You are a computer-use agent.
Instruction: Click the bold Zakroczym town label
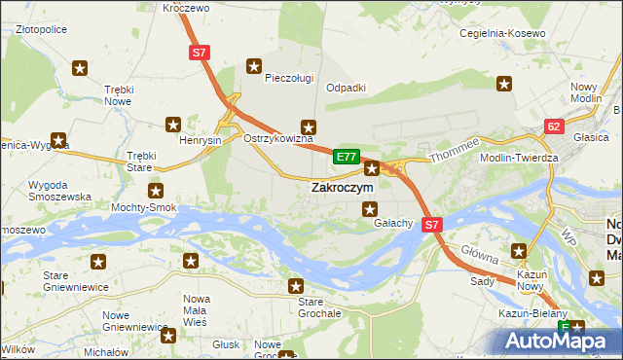click(341, 188)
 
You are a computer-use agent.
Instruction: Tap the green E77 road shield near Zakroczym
click(347, 156)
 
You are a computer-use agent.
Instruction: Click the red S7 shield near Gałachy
click(433, 224)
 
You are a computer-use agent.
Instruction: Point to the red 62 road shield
click(554, 126)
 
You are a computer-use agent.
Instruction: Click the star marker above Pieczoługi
click(254, 67)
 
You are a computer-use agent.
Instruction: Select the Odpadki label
click(346, 88)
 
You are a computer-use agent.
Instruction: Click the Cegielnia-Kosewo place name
click(506, 34)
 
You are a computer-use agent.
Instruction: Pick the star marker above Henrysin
click(173, 124)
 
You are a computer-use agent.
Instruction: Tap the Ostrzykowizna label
click(277, 139)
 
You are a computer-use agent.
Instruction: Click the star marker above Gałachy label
click(370, 208)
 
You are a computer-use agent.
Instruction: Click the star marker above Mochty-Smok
click(155, 191)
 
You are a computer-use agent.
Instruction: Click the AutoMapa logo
click(555, 342)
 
